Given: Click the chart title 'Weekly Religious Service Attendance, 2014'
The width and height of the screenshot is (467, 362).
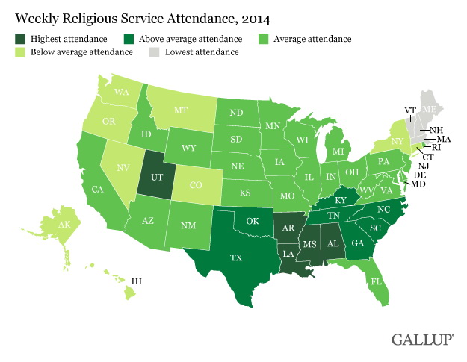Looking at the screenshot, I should point(132,15).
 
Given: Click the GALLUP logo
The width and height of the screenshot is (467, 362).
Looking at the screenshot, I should point(422,340).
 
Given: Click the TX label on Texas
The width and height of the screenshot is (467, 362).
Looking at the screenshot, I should point(236,257).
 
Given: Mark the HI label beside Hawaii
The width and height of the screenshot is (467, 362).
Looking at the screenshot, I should point(137,282).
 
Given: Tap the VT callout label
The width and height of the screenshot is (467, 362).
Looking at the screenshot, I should point(410,110).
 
